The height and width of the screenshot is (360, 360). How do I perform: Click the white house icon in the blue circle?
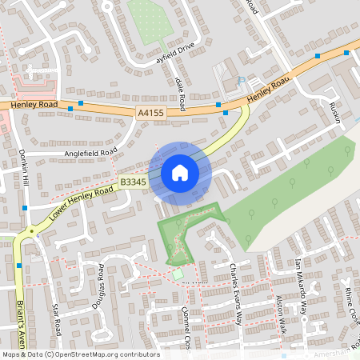coord(179,173)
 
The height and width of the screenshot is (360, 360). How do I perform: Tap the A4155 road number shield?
coord(150,114)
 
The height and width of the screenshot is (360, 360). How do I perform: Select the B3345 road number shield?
coord(134,183)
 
